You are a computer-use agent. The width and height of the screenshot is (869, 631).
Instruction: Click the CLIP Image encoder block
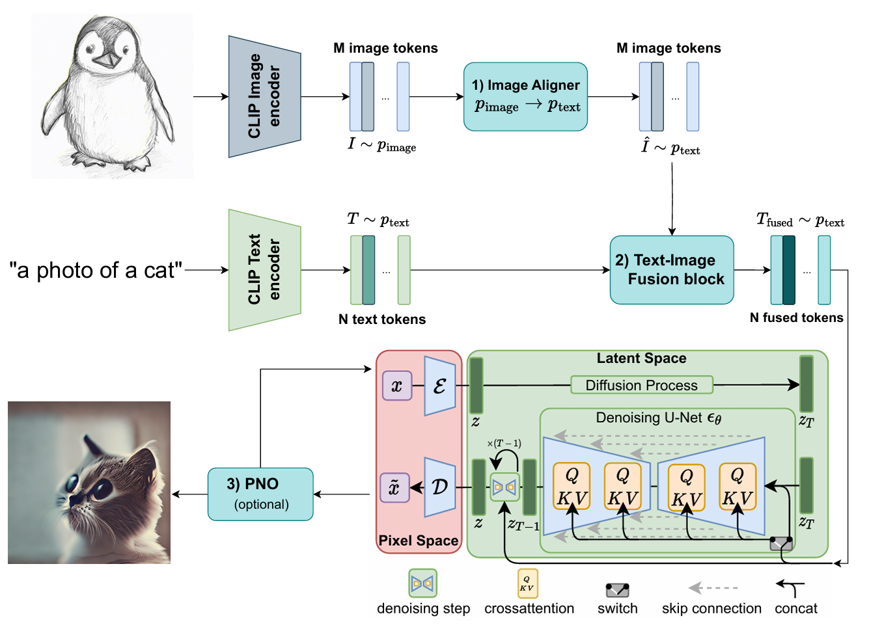pos(264,96)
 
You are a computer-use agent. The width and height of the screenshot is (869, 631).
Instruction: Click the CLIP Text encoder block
pos(264,270)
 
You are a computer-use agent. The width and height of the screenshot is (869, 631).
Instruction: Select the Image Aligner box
pos(525,96)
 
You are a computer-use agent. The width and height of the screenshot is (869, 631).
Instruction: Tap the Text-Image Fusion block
pos(671,270)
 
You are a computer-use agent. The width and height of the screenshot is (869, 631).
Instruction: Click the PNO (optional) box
pos(260,494)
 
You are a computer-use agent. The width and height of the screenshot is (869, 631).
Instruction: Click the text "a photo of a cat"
pos(95,270)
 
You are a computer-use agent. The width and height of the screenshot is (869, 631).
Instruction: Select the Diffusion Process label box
pos(641,385)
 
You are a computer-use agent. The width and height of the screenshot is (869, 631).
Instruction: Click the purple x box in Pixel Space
pos(396,385)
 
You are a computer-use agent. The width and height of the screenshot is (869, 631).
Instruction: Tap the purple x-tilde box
pos(394,488)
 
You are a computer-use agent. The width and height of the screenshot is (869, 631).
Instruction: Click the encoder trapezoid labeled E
pos(439,386)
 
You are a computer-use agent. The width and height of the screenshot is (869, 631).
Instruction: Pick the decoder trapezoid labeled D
pos(439,487)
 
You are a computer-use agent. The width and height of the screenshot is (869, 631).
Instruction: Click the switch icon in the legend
pos(617,590)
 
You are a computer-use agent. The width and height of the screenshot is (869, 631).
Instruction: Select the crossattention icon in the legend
pos(527,584)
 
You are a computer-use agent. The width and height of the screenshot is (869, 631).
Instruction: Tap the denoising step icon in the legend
pos(422,584)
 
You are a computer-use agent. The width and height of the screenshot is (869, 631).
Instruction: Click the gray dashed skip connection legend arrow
pos(712,588)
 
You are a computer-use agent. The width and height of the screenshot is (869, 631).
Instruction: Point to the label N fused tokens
pos(796,317)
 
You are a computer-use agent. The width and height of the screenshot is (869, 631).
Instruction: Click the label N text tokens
pos(382,319)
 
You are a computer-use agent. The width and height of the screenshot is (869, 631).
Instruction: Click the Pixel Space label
pos(418,541)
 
